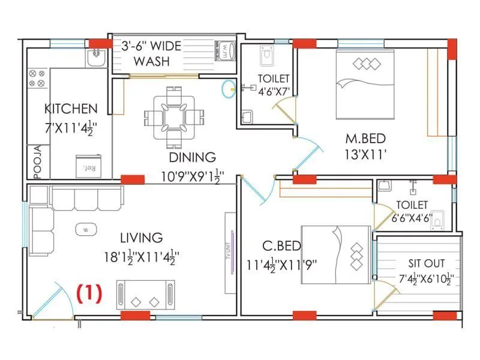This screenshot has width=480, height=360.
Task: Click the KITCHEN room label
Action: [x=71, y=109]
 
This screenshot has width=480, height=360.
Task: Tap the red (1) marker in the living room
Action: [x=89, y=293]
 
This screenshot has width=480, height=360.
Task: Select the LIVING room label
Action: [x=141, y=238]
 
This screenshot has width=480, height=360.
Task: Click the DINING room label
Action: [x=192, y=158]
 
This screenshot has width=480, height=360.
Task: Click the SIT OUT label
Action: [x=427, y=263]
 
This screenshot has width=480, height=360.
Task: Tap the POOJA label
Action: [x=37, y=161]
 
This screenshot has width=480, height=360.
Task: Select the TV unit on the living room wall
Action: [x=230, y=253]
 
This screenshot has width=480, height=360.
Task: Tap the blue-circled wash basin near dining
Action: [x=229, y=89]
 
